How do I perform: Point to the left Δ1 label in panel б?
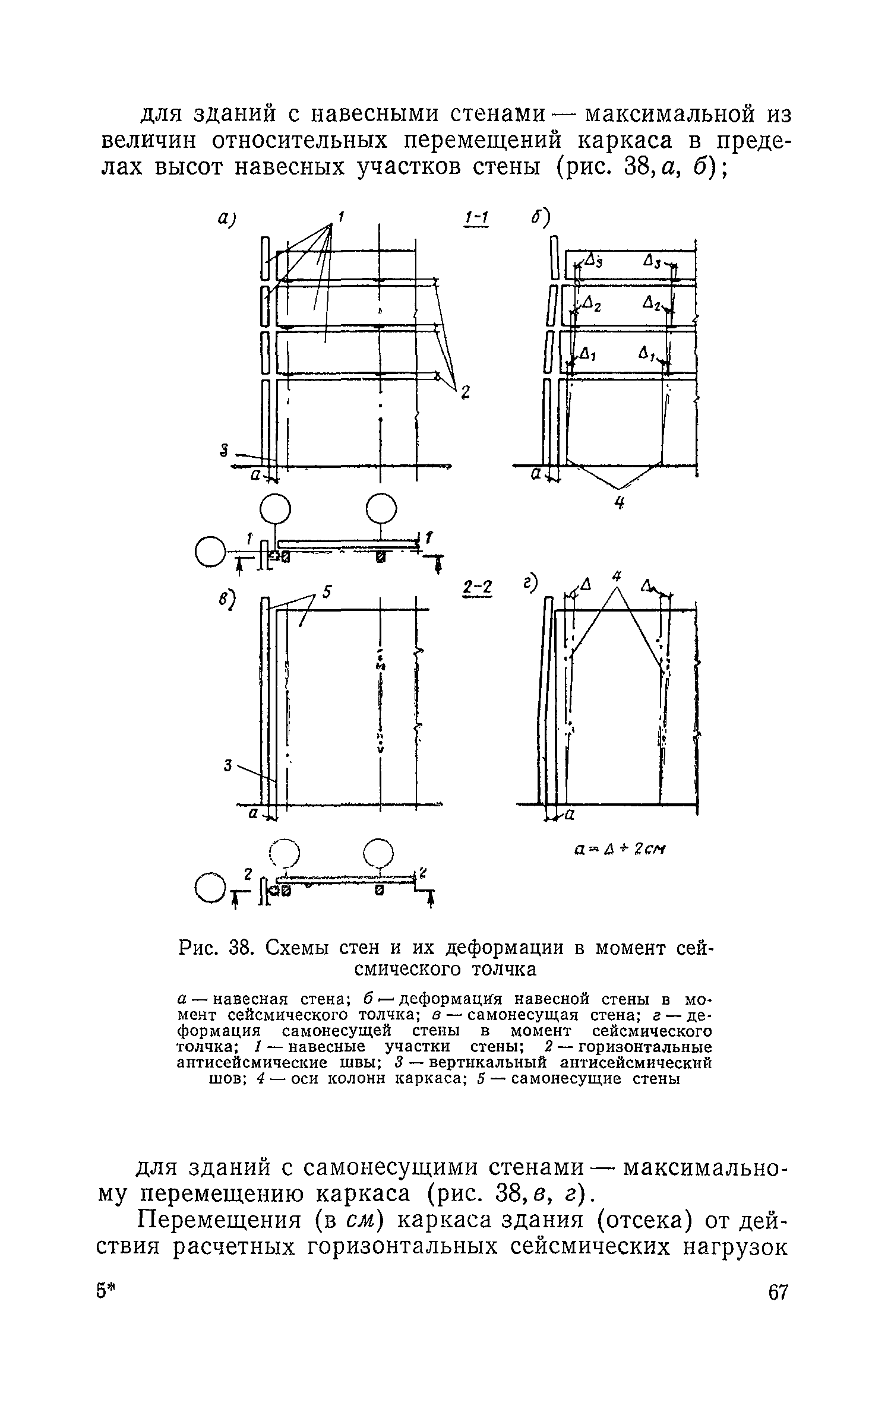click(587, 355)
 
